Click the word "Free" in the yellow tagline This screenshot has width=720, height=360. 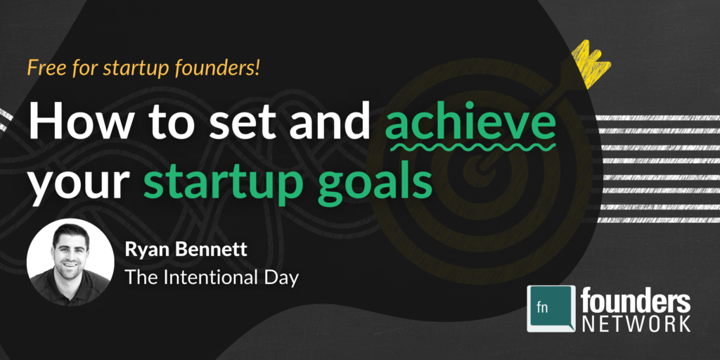click(x=44, y=69)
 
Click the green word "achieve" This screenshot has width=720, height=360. click(x=470, y=122)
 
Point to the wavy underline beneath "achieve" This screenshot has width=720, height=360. click(x=470, y=148)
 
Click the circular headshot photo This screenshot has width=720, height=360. click(x=70, y=262)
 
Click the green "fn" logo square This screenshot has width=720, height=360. click(x=552, y=307)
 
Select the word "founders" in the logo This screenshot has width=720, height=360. click(x=636, y=301)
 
